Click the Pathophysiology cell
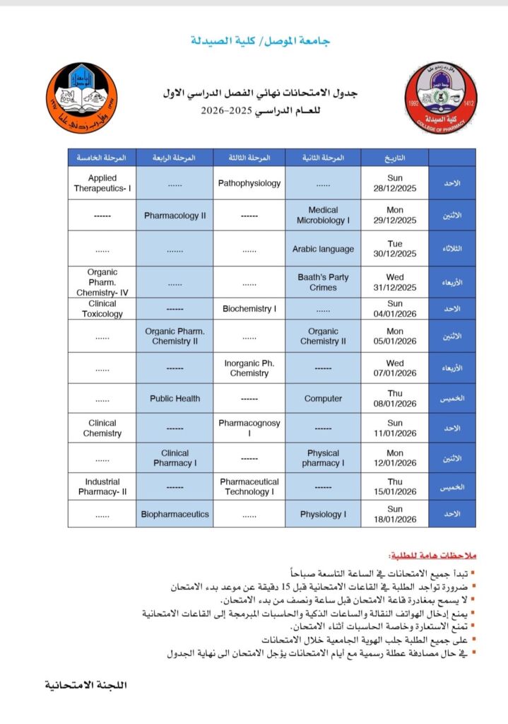tap(249, 183)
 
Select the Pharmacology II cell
tap(175, 216)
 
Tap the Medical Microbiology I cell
tap(323, 215)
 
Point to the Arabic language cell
tap(323, 249)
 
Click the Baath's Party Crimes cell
tap(323, 282)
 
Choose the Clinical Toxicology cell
tap(102, 308)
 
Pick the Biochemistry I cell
tap(249, 309)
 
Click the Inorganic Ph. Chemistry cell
tap(249, 368)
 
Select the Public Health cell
tap(175, 399)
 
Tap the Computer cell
tap(323, 399)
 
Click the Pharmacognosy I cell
tap(249, 428)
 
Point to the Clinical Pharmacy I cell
tap(175, 458)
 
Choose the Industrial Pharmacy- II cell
tap(102, 486)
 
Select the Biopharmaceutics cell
tap(175, 514)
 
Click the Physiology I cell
tap(323, 514)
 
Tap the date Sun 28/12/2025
tap(395, 183)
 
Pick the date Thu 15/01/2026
tap(395, 486)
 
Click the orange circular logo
tap(83, 99)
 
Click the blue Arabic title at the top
tap(261, 41)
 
